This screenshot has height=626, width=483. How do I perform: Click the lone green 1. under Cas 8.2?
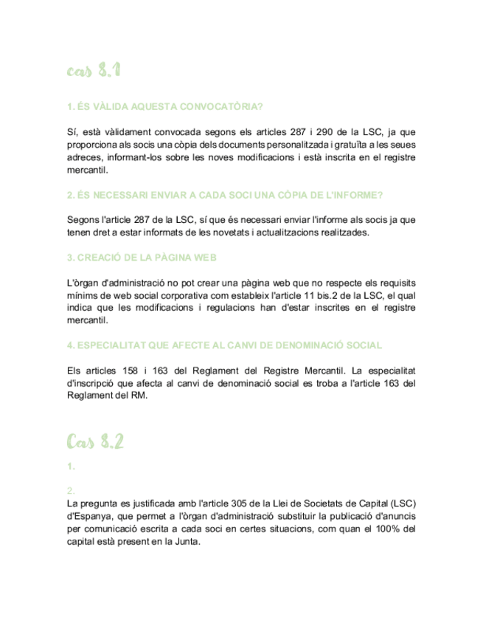[x=70, y=467]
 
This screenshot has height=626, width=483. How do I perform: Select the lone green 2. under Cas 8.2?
[x=71, y=491]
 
